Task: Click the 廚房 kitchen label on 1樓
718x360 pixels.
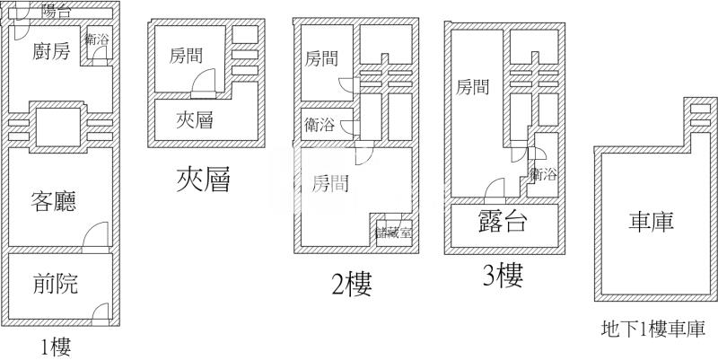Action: click(50, 52)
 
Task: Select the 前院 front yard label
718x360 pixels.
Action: click(55, 285)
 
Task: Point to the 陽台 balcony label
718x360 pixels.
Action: click(57, 12)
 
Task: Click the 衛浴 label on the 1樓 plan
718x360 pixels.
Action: click(99, 40)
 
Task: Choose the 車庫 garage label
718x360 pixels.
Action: click(651, 221)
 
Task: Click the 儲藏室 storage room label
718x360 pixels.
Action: click(393, 232)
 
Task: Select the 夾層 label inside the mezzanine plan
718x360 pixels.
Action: click(195, 119)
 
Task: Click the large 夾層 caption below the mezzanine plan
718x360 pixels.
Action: click(204, 181)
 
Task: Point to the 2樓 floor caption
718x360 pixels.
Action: click(351, 284)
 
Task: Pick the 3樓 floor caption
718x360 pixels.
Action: click(502, 275)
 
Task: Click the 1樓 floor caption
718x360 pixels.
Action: click(56, 347)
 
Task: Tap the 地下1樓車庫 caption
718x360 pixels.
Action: click(652, 329)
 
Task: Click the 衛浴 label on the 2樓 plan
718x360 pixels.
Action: click(320, 125)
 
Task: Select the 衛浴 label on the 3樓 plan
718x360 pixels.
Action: click(543, 173)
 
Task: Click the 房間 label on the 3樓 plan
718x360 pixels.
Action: click(473, 87)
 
